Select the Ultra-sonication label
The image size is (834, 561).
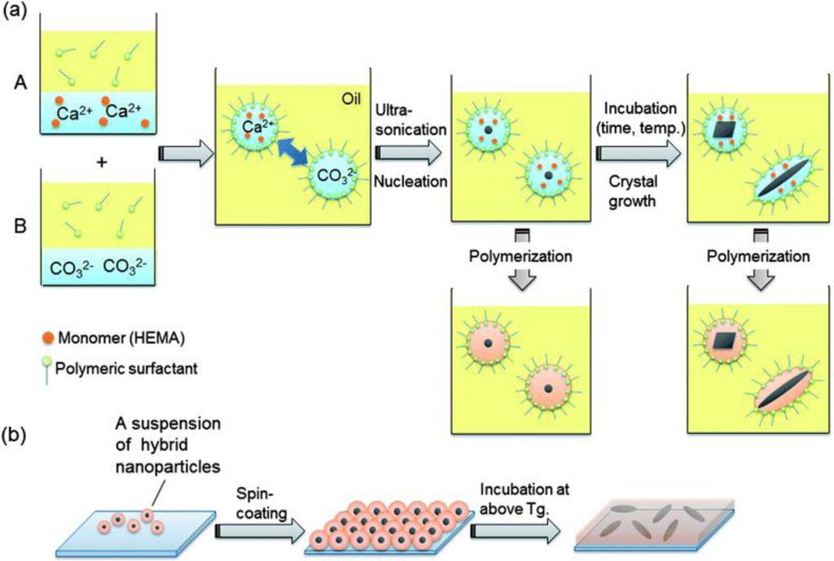click(x=409, y=119)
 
